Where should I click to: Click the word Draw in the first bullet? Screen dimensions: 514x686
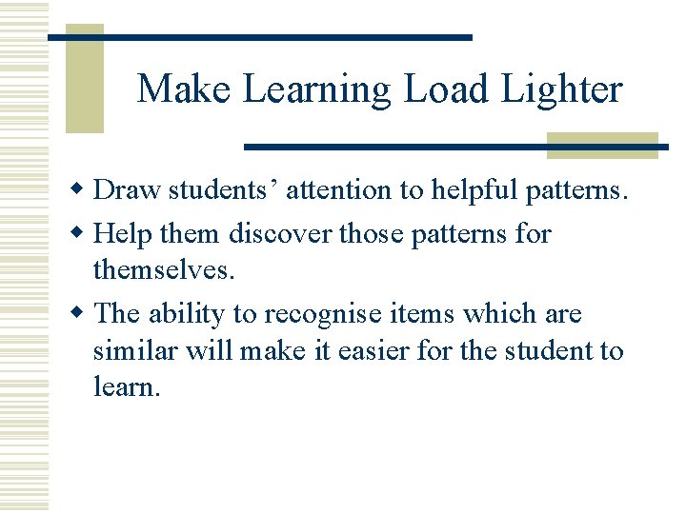(x=129, y=190)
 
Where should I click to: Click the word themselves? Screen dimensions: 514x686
(x=163, y=269)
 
